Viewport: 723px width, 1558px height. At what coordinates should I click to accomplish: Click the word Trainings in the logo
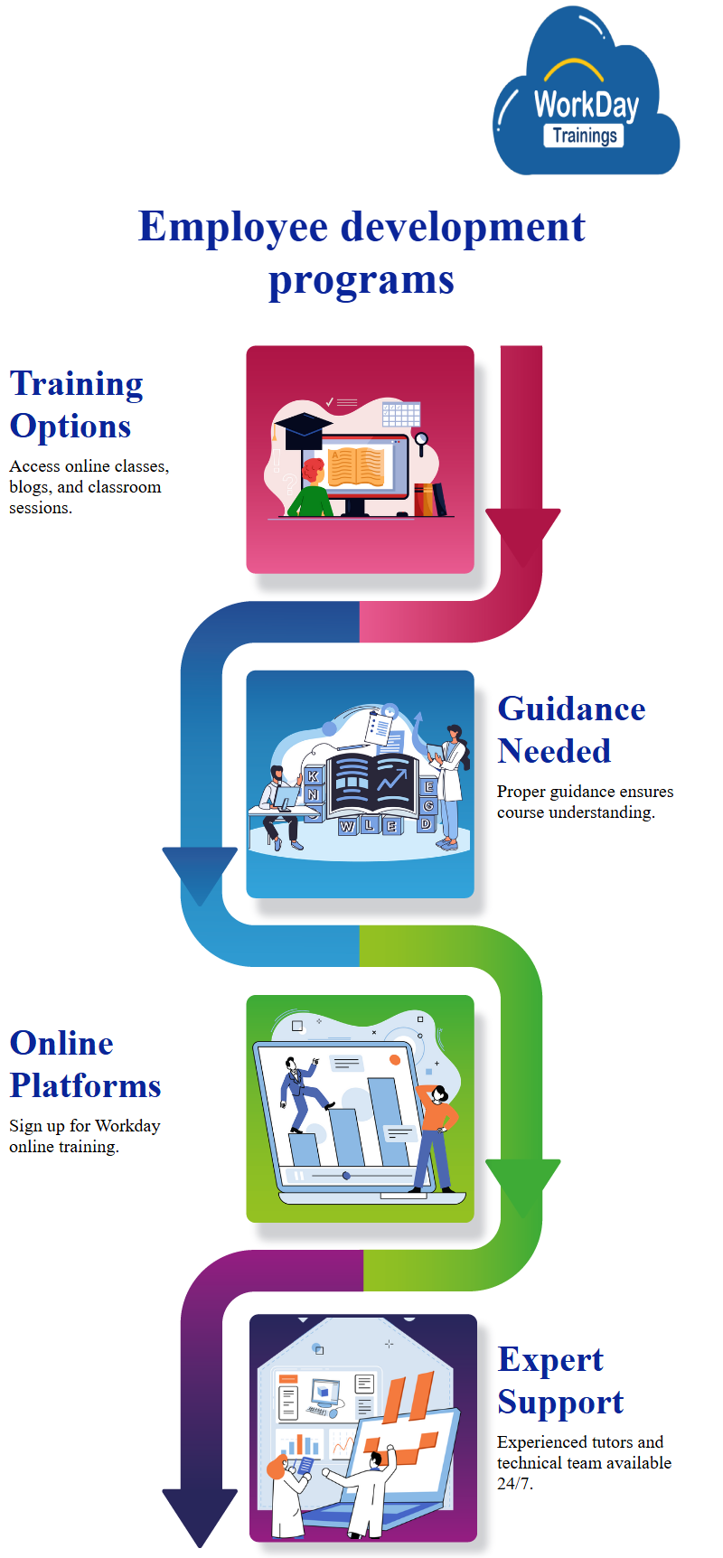tap(585, 136)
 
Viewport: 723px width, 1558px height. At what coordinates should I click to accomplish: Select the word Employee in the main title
tap(232, 227)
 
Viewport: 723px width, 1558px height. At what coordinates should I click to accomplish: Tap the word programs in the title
tap(361, 279)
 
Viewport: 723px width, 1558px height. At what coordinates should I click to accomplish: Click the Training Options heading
tap(76, 405)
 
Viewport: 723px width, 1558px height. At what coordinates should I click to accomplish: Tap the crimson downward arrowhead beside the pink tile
tap(522, 533)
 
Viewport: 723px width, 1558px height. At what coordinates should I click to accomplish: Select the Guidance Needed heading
tap(571, 730)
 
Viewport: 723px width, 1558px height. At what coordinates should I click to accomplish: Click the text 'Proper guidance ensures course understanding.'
tap(585, 802)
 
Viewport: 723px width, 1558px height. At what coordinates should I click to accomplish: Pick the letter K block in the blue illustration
tap(313, 775)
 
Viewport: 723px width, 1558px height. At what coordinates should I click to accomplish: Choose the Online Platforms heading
tap(85, 1065)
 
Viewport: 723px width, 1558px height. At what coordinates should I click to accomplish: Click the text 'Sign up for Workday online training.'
tap(84, 1136)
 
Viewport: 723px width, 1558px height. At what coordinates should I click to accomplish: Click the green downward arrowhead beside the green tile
tap(522, 1184)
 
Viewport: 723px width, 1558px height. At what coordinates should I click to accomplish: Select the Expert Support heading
tap(560, 1381)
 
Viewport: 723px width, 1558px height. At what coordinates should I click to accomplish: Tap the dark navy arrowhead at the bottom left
tap(200, 1514)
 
